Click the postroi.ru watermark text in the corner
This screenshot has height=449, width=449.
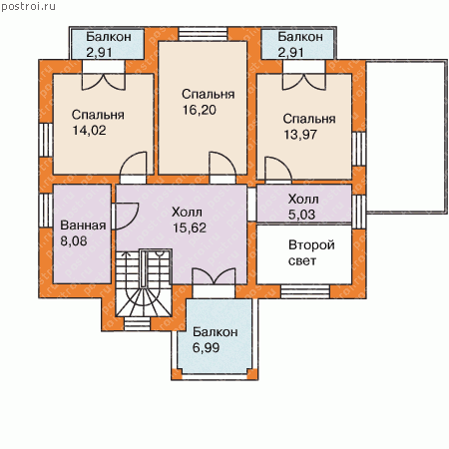pyautogui.click(x=28, y=6)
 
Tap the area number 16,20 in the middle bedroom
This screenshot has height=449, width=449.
pyautogui.click(x=200, y=110)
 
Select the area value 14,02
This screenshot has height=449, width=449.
pyautogui.click(x=89, y=130)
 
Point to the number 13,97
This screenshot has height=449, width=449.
pyautogui.click(x=300, y=135)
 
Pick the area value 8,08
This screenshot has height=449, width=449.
pyautogui.click(x=74, y=240)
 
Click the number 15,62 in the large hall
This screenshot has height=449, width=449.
pyautogui.click(x=190, y=227)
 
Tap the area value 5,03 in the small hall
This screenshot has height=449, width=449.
pyautogui.click(x=301, y=215)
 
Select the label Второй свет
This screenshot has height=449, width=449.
pyautogui.click(x=311, y=252)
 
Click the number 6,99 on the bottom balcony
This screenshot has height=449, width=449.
pyautogui.click(x=206, y=347)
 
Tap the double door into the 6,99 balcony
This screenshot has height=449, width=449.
pyautogui.click(x=214, y=276)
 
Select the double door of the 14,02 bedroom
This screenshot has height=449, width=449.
pyautogui.click(x=104, y=82)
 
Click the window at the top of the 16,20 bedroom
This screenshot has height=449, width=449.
pyautogui.click(x=203, y=34)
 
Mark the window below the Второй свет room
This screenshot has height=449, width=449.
pyautogui.click(x=305, y=291)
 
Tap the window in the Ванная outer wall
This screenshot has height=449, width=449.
pyautogui.click(x=46, y=211)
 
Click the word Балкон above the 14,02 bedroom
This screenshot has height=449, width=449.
pyautogui.click(x=109, y=37)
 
